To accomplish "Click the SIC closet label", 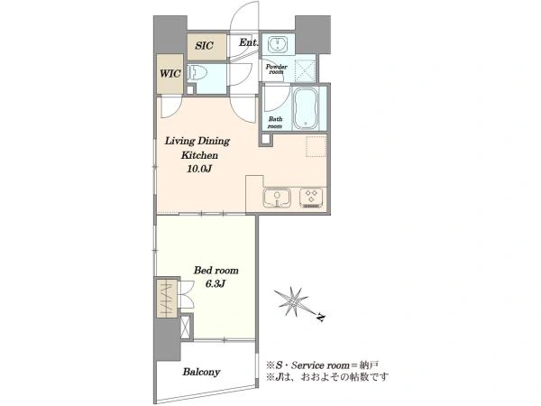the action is [205, 46].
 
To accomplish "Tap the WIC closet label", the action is [170, 74].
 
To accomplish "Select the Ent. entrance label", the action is [248, 42].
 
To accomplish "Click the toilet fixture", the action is [197, 72].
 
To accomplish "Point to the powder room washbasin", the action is [278, 44].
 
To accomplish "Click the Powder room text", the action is [277, 69].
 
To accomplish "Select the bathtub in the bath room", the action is [305, 107].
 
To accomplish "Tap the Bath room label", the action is [275, 122].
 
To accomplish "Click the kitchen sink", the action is [277, 198].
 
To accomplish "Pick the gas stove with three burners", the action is [311, 198].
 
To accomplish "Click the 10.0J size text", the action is [199, 169].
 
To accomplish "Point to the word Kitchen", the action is [199, 155].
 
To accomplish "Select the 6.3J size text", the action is [215, 284].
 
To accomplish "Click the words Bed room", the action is [216, 270].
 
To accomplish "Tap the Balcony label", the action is [201, 372].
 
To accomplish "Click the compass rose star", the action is [294, 301].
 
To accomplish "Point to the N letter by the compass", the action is [321, 317].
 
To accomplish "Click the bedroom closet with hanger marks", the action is [167, 298].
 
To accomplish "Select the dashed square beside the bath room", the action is [316, 147].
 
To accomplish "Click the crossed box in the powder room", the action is [306, 70].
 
